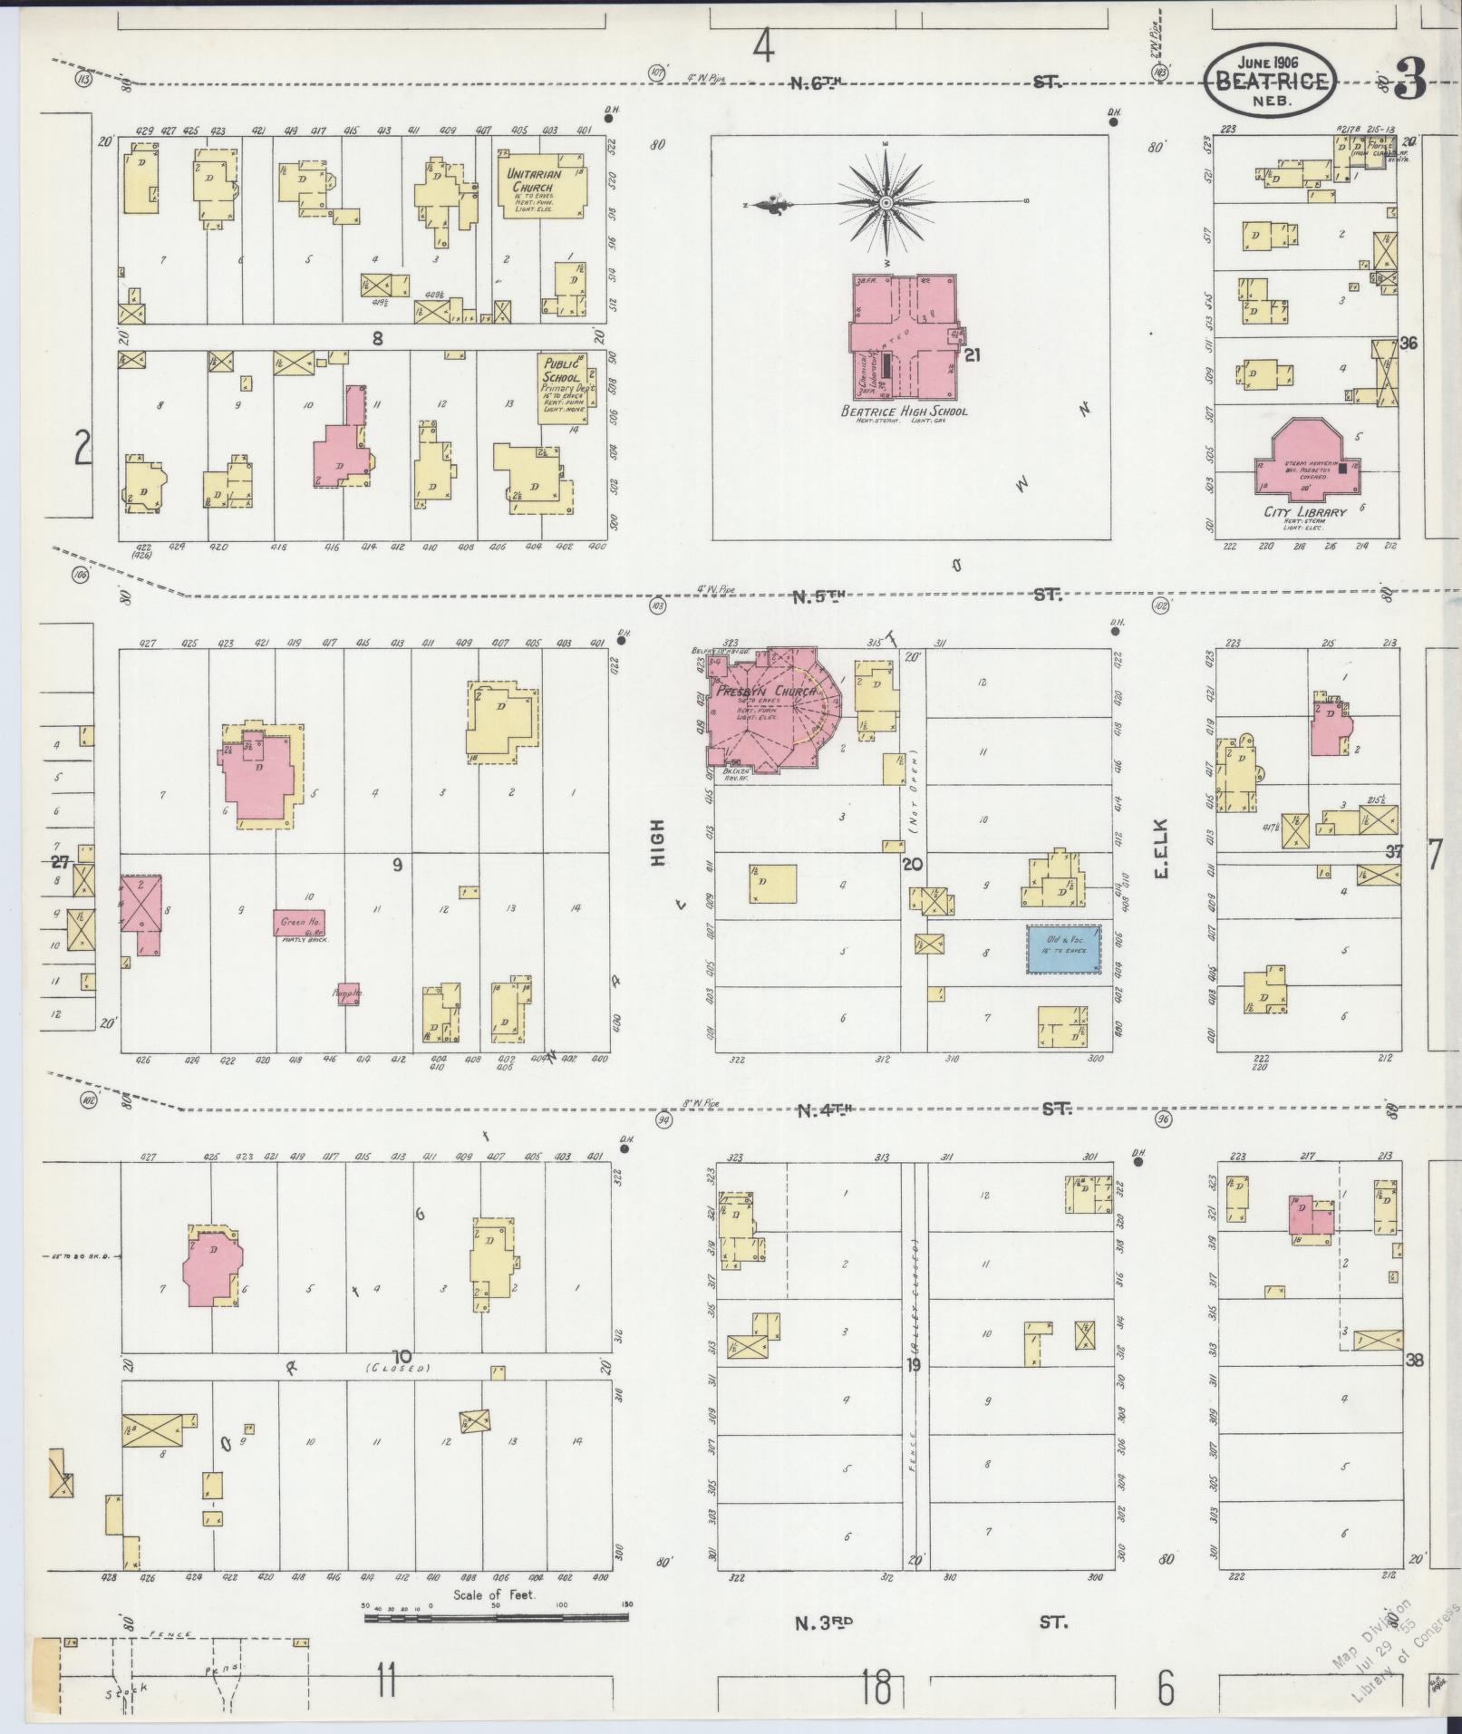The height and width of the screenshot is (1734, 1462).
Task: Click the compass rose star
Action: [x=884, y=206]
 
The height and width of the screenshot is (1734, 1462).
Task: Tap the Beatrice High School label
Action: [x=904, y=412]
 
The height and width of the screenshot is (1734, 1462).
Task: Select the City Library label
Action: [x=1305, y=511]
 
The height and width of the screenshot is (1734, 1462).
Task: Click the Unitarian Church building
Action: [x=541, y=190]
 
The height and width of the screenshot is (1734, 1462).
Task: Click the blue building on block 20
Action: [x=1063, y=948]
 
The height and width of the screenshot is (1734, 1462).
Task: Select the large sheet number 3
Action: [x=1410, y=82]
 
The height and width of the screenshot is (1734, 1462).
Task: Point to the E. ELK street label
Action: [x=1161, y=849]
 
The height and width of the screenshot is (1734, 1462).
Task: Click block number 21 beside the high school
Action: [x=973, y=355]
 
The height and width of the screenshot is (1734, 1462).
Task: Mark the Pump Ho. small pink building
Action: [x=348, y=994]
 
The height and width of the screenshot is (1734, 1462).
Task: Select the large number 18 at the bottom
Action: [x=876, y=1690]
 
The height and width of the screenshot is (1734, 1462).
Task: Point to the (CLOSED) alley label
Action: [x=398, y=1368]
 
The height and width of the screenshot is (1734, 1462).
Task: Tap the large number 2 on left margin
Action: [x=82, y=449]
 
